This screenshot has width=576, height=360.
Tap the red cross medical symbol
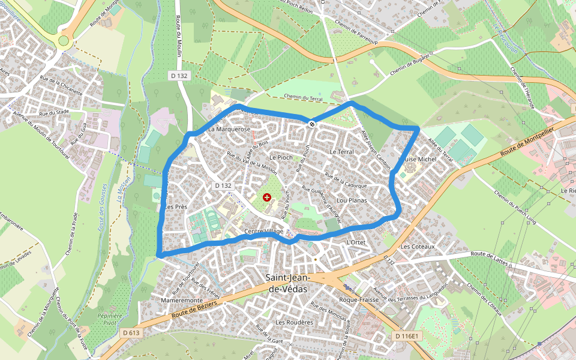click(x=267, y=197)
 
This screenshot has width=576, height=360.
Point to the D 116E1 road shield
click(x=406, y=337)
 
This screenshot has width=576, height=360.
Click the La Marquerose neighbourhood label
click(x=229, y=129)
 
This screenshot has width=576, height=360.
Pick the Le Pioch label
click(x=281, y=157)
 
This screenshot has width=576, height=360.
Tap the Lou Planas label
click(x=352, y=200)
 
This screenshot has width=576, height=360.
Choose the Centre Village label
click(x=264, y=232)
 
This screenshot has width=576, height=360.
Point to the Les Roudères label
click(x=294, y=322)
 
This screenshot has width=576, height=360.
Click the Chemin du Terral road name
click(x=303, y=98)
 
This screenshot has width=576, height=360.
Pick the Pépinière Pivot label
click(x=109, y=319)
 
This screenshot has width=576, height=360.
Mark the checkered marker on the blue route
click(x=311, y=124)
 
